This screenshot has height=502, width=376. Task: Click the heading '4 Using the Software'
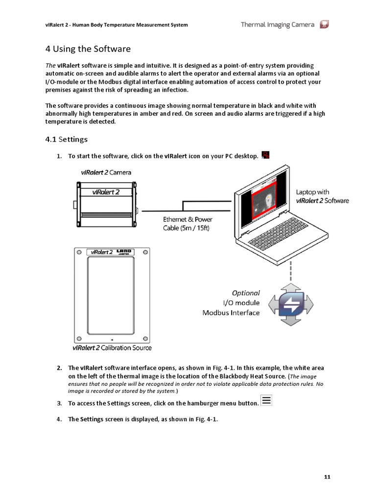point(88,49)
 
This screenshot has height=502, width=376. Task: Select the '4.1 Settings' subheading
point(67,139)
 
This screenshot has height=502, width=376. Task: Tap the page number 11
point(328,477)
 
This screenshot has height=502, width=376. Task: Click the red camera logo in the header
point(324,25)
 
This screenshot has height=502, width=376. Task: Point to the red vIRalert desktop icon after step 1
point(266,155)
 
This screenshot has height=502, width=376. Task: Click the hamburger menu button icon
point(266,401)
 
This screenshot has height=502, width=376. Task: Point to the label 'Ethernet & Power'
point(188,220)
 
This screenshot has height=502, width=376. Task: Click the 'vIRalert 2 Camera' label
point(106,173)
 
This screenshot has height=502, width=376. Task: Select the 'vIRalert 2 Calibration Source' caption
point(112,348)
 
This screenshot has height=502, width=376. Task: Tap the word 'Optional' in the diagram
point(246,293)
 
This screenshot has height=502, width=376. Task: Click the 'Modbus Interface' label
point(231,312)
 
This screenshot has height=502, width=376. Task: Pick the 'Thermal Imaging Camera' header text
point(278,25)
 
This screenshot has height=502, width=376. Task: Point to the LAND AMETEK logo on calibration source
point(124,252)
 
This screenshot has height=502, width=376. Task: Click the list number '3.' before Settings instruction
point(59,403)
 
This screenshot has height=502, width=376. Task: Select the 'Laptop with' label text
point(312,192)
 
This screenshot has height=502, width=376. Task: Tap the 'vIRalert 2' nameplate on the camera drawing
point(106,192)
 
